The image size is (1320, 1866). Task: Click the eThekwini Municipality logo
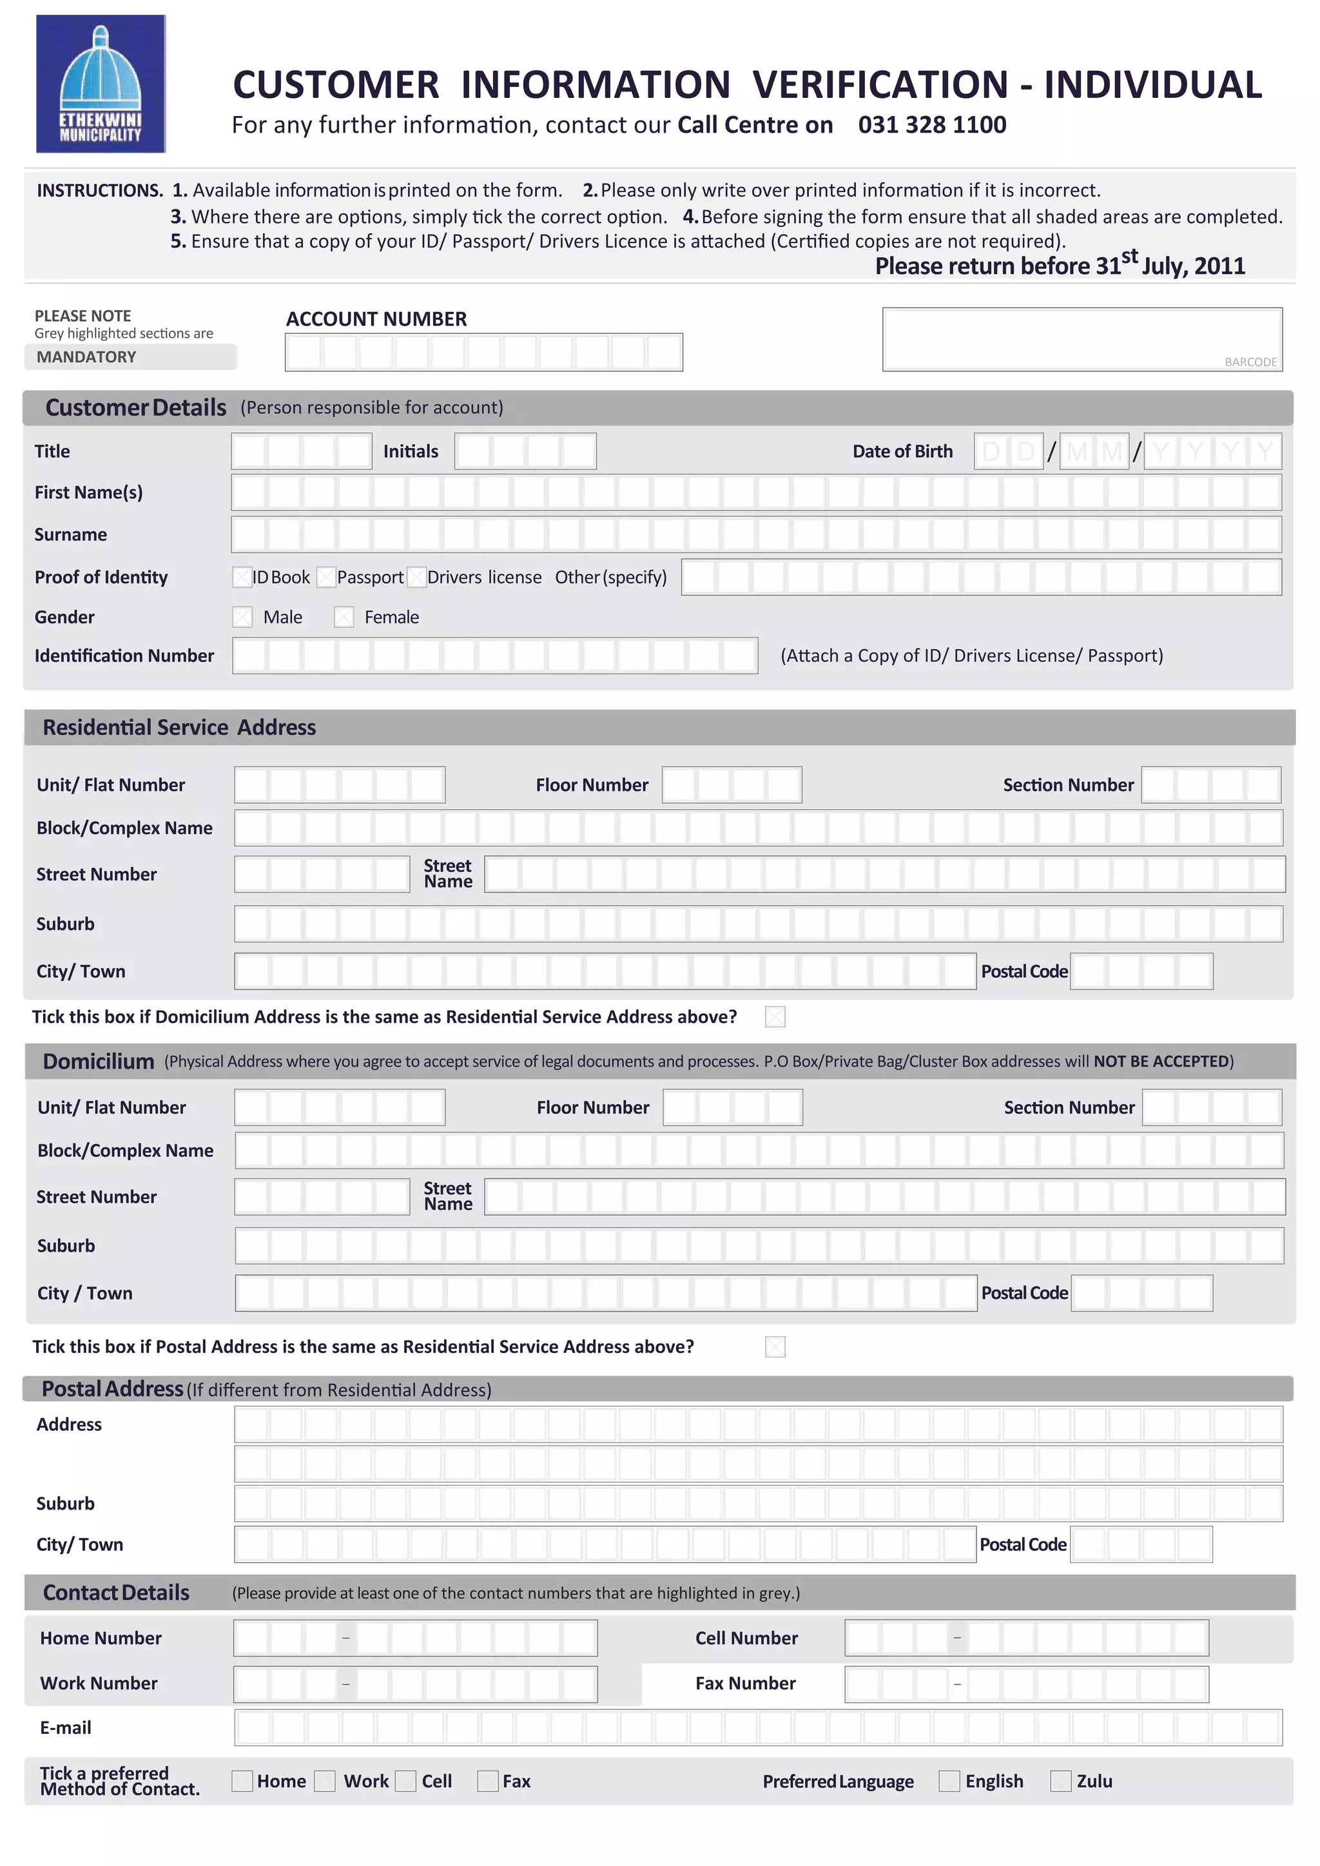coord(101,84)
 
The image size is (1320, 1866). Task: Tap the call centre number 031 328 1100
coord(931,124)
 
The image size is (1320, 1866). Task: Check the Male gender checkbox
coord(242,617)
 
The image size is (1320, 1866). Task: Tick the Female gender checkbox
coord(344,617)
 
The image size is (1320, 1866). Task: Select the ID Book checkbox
coord(242,577)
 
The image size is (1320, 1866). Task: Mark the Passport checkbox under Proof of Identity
coord(327,577)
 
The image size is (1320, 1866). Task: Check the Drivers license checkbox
coord(417,577)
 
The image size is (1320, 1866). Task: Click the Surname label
coord(71,535)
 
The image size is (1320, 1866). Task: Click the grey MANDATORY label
coord(86,357)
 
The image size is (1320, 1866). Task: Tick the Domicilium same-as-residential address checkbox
coord(775,1016)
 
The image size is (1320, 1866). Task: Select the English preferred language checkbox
coord(949,1781)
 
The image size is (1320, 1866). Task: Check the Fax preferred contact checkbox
coord(488,1781)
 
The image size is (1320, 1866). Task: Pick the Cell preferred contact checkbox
coord(405,1781)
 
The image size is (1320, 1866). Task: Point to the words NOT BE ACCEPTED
coord(1161,1062)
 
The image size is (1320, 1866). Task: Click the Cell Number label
coord(746,1638)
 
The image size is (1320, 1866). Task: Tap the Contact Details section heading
coord(116,1592)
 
